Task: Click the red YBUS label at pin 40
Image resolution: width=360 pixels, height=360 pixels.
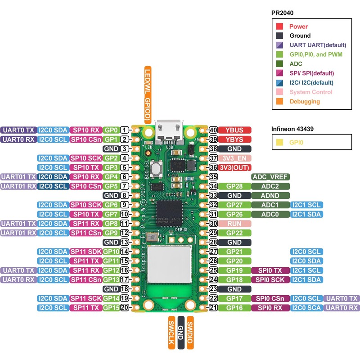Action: coord(234,130)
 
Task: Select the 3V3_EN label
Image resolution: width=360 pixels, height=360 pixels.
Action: coord(234,158)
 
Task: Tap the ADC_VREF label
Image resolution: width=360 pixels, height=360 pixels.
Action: coord(270,177)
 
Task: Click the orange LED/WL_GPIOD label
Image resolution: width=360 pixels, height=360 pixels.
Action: coord(147,95)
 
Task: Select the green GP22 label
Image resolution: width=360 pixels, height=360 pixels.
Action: coord(234,233)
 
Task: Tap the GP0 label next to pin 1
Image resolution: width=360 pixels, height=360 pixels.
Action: coord(111,130)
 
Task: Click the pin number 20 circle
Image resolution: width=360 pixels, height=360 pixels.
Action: coord(124,307)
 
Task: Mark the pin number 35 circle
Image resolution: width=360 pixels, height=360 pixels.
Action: coord(214,177)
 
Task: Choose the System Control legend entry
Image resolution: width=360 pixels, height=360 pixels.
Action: coord(310,92)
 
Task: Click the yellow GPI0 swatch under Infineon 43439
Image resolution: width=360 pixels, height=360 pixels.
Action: coord(279,142)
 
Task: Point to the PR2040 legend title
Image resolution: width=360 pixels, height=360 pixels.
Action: coord(282,13)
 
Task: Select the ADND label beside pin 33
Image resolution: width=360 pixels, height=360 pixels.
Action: coord(270,196)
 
